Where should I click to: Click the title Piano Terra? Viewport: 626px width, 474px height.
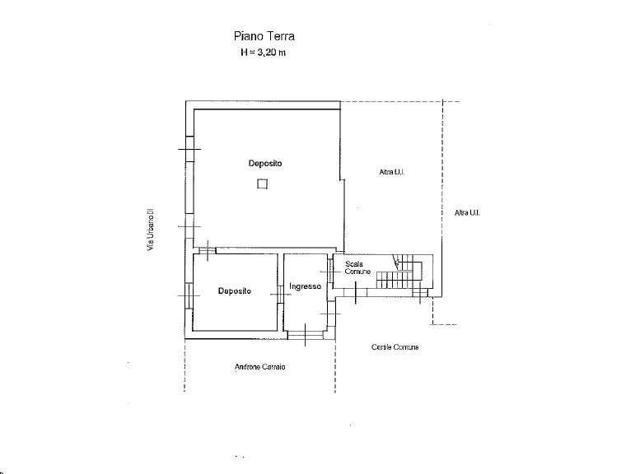click(264, 36)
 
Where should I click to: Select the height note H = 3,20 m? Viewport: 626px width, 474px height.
click(263, 53)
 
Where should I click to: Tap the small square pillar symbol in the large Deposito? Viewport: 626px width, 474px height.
click(262, 184)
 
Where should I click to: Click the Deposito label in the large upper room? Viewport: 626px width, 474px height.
click(265, 163)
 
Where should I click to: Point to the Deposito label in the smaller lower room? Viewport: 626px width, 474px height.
click(235, 290)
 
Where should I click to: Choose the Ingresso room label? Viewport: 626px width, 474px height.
click(305, 286)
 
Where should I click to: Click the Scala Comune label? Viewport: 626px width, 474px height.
click(357, 267)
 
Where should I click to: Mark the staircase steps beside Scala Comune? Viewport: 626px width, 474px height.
click(399, 272)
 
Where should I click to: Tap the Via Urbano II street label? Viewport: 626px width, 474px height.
click(151, 229)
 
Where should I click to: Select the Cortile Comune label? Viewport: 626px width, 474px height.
click(395, 347)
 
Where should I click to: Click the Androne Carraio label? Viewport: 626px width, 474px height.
click(260, 367)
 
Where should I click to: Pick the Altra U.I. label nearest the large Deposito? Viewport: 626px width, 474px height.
click(392, 172)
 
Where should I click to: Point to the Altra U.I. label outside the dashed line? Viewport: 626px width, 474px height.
click(467, 212)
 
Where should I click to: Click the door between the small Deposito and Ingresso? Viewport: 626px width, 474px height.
click(281, 295)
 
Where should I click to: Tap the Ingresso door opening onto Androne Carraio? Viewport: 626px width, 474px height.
click(306, 335)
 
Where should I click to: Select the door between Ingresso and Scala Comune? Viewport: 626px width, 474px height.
click(330, 272)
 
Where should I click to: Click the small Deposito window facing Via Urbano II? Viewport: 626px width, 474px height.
click(189, 295)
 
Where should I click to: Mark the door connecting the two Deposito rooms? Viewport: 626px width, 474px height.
click(208, 250)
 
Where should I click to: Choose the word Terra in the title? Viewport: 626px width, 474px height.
click(281, 36)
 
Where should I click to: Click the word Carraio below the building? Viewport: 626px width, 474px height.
click(273, 367)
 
